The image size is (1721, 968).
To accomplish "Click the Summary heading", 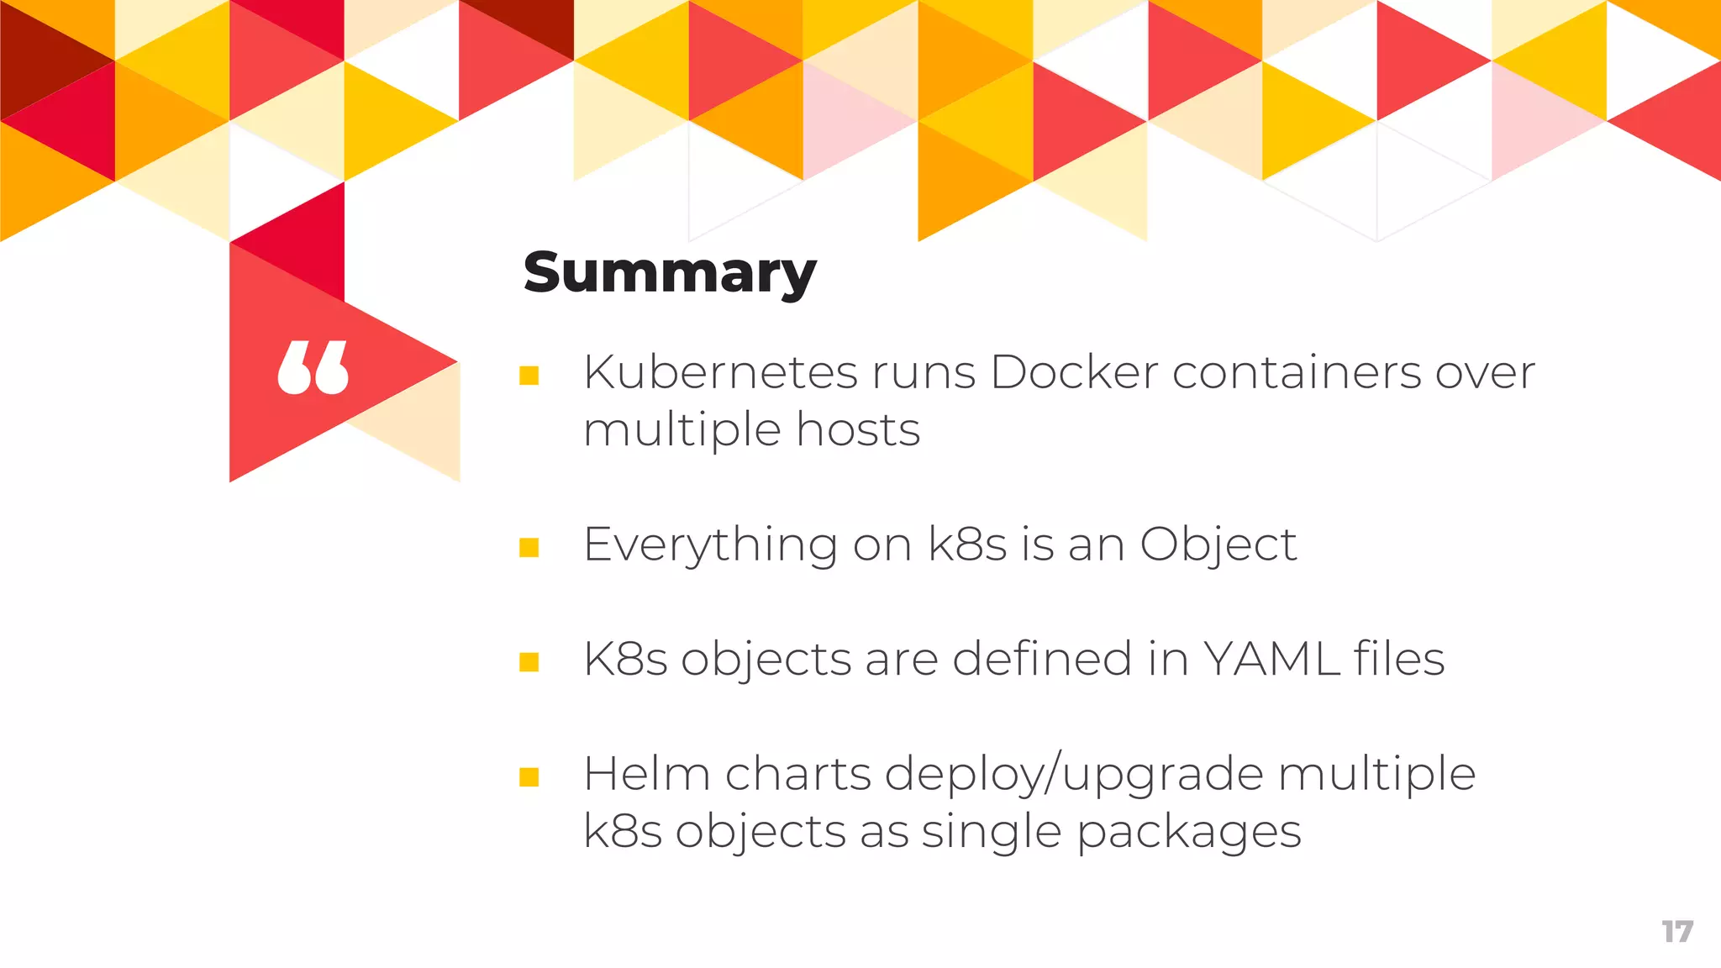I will (x=669, y=273).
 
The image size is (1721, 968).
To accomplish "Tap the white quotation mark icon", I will (x=313, y=368).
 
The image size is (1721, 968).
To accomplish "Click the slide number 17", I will (x=1676, y=932).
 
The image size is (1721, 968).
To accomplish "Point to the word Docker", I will (x=1074, y=372).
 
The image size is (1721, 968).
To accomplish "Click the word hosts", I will (x=858, y=429).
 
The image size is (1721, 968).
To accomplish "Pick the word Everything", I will (x=710, y=544).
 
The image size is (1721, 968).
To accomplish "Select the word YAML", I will (x=1271, y=659).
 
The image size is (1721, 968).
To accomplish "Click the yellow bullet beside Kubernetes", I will (x=529, y=375).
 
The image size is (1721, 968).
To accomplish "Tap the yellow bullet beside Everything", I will (x=529, y=548).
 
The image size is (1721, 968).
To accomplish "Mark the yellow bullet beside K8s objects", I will (x=529, y=662).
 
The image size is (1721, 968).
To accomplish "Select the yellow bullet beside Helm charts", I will (x=529, y=777).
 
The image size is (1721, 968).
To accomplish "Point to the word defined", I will (x=1042, y=659).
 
